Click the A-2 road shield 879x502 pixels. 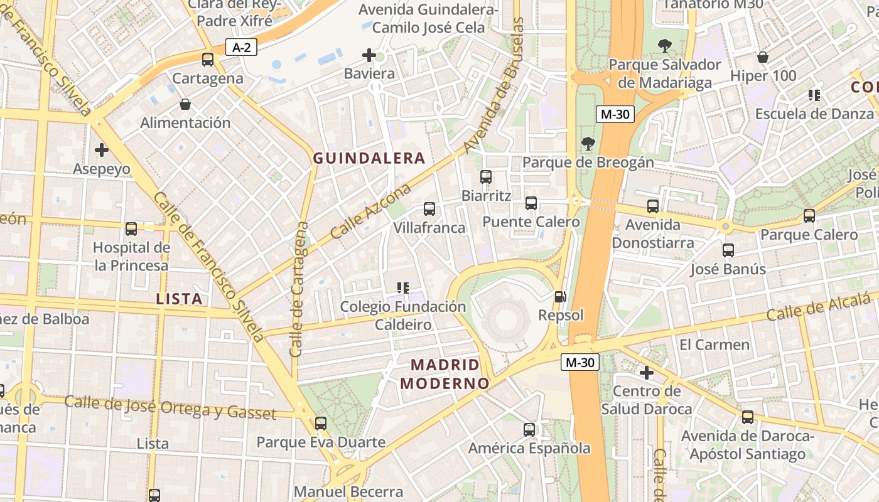(x=242, y=47)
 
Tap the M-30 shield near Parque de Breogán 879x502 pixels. (x=615, y=114)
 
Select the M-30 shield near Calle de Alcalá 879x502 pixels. (x=580, y=362)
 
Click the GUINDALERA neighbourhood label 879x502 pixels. (x=369, y=158)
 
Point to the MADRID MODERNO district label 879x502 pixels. (x=445, y=374)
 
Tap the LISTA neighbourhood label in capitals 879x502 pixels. (x=180, y=299)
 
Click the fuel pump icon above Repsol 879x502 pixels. (x=560, y=297)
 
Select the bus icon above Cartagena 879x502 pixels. (x=208, y=60)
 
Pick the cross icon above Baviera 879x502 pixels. (x=369, y=55)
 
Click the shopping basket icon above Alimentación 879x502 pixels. (x=185, y=104)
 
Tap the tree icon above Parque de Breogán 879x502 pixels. (x=588, y=144)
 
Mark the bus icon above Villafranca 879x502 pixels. (x=429, y=209)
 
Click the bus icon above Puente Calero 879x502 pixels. (x=531, y=203)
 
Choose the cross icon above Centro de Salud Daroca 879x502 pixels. (x=646, y=373)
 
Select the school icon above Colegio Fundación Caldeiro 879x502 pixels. (x=403, y=288)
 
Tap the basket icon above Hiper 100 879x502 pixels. (x=763, y=57)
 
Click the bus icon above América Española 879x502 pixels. (x=529, y=430)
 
